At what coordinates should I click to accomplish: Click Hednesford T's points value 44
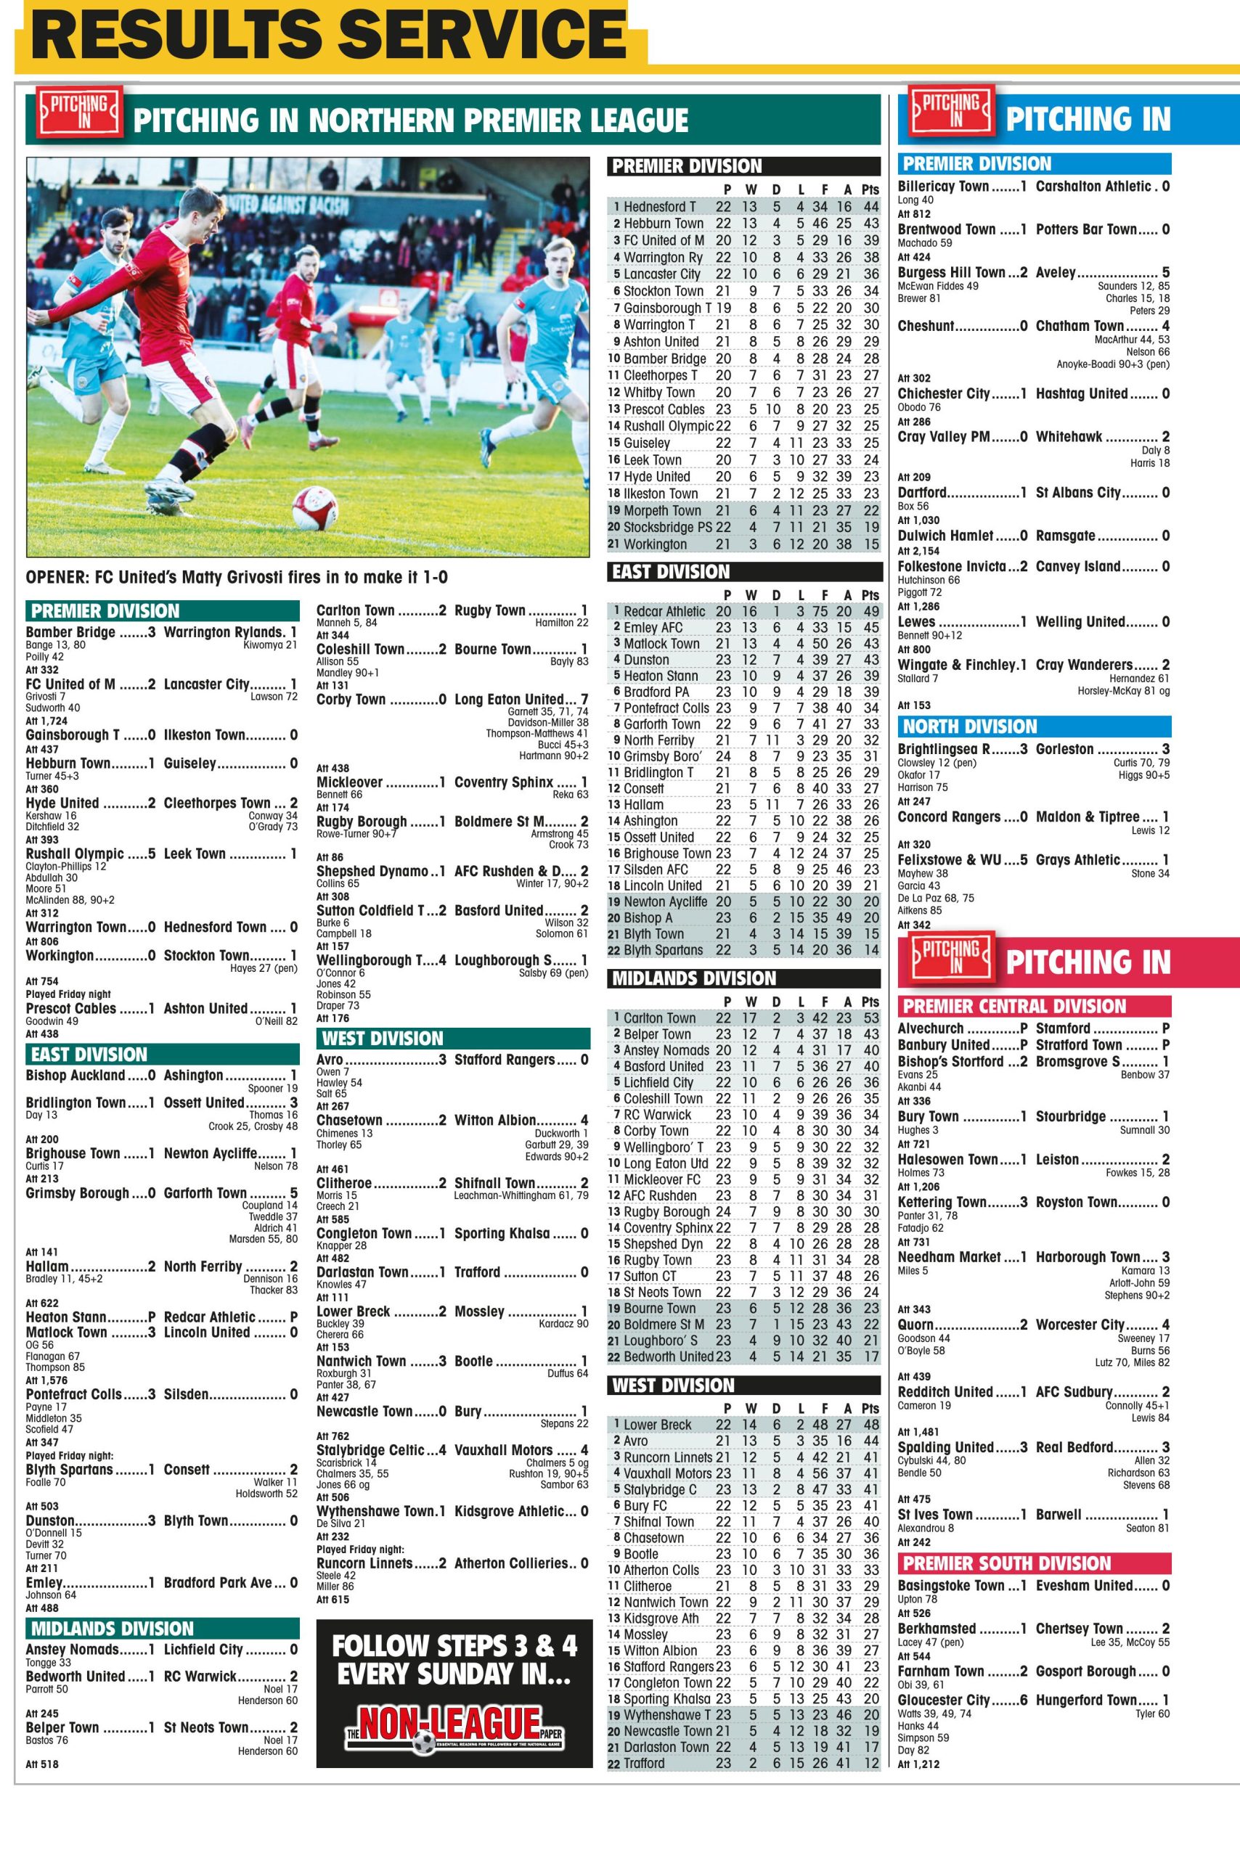pyautogui.click(x=870, y=206)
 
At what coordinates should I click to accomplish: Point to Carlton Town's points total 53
pyautogui.click(x=870, y=1018)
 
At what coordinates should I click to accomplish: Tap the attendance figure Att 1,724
pyautogui.click(x=46, y=721)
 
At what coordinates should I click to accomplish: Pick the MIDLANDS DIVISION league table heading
pyautogui.click(x=694, y=979)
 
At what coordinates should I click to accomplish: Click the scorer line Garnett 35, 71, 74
pyautogui.click(x=548, y=711)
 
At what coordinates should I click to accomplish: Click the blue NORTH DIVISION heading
pyautogui.click(x=969, y=727)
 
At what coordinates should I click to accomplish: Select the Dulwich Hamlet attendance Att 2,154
pyautogui.click(x=918, y=551)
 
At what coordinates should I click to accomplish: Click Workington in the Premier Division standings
pyautogui.click(x=655, y=544)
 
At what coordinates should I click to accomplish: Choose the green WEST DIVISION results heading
pyautogui.click(x=383, y=1038)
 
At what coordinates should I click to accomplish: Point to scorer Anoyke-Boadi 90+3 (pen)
pyautogui.click(x=1112, y=364)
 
